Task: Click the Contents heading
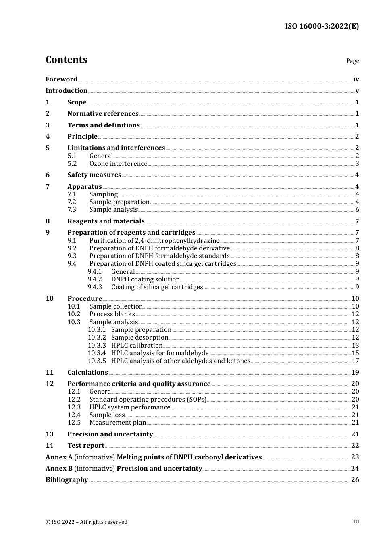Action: [x=66, y=60]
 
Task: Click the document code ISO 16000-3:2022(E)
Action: [x=322, y=26]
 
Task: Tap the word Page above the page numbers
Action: [x=352, y=61]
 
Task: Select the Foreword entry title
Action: [x=61, y=79]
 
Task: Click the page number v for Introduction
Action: [x=357, y=91]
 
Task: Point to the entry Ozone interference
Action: [x=118, y=164]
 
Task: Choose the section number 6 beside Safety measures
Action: [x=48, y=175]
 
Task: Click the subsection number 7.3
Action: [x=72, y=210]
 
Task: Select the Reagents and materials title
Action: [x=106, y=221]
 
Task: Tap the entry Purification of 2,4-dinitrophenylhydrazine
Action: [x=154, y=241]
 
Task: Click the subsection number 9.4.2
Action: [x=95, y=279]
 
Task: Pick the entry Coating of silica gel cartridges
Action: [x=157, y=287]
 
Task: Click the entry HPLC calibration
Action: [x=137, y=346]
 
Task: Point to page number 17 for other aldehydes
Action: [x=355, y=361]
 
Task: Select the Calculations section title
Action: [x=87, y=373]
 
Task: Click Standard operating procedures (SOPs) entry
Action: [x=148, y=400]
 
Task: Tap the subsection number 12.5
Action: [x=74, y=423]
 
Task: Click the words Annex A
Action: [x=59, y=457]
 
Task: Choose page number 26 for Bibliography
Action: [x=355, y=480]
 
